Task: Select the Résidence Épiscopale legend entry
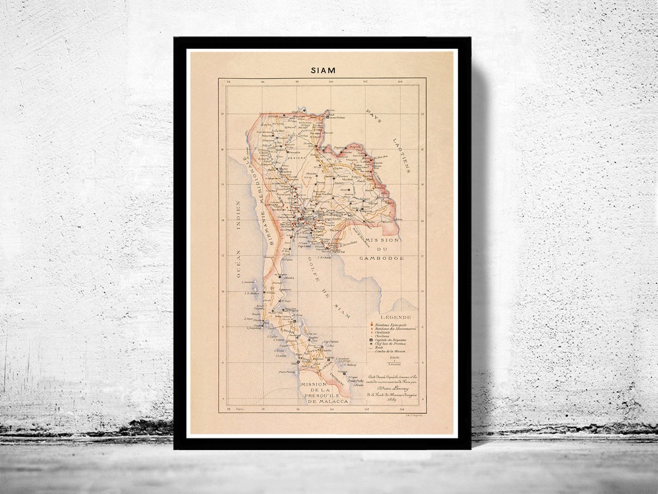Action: point(391,325)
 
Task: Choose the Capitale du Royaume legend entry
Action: point(391,339)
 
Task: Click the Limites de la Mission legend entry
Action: point(392,353)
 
